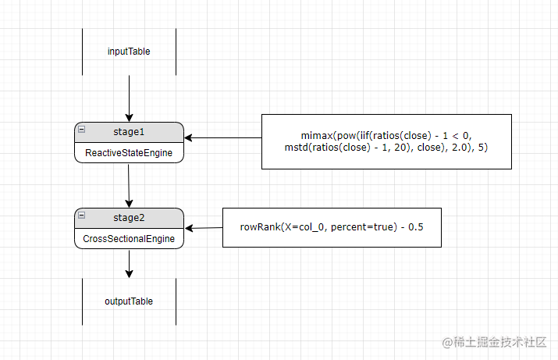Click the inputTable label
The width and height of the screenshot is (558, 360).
129,52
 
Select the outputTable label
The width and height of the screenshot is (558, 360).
129,301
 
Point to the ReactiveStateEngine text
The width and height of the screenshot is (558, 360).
129,153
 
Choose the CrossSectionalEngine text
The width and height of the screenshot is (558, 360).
129,239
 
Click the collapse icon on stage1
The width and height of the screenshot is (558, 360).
82,129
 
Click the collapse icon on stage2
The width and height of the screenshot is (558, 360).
82,215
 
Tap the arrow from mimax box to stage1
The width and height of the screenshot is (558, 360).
222,138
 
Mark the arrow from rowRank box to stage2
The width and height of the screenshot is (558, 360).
204,228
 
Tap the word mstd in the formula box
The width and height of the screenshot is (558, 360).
298,147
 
